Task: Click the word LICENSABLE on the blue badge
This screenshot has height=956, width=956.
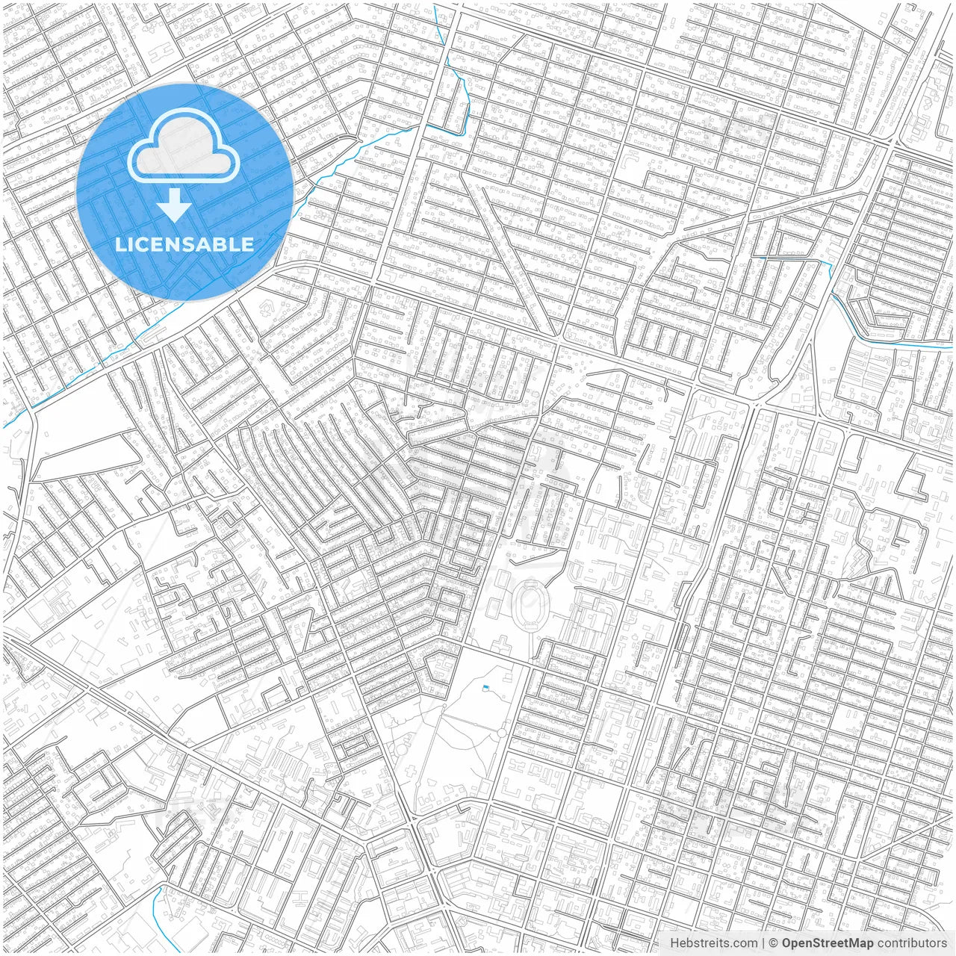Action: pos(184,245)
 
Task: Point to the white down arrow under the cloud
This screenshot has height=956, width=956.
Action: pos(175,205)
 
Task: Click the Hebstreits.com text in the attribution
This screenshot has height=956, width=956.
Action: pos(713,943)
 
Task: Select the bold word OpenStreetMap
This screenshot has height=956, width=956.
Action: pos(828,943)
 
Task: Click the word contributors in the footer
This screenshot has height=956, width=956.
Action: pos(912,943)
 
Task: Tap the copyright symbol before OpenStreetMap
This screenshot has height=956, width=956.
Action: pos(774,943)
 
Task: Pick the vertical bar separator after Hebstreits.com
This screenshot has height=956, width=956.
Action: pos(763,943)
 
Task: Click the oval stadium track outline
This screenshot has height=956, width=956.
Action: pos(530,601)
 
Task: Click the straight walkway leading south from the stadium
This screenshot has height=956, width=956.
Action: pos(530,642)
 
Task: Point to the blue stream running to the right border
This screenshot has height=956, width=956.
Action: pos(896,343)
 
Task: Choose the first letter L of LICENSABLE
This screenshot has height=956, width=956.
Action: pos(118,245)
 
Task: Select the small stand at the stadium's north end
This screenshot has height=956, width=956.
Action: pos(530,580)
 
